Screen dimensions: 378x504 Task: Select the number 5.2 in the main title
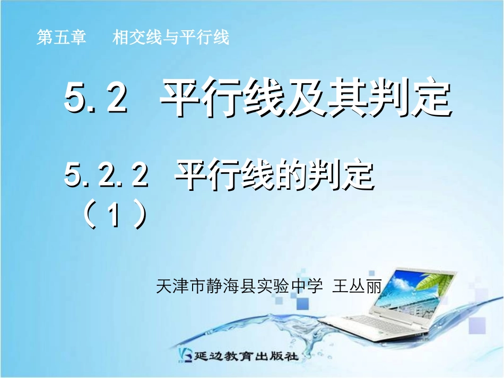point(96,99)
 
